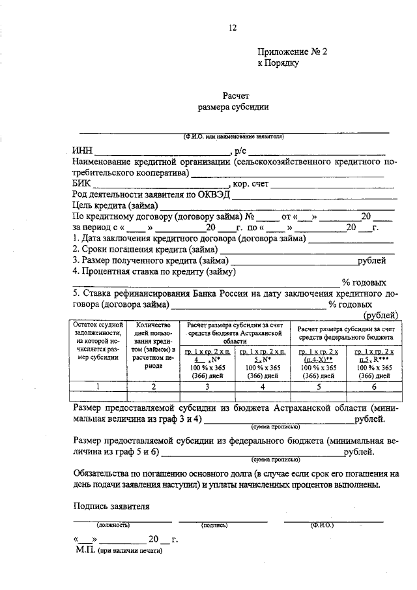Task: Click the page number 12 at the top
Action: [232, 27]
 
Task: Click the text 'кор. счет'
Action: [251, 184]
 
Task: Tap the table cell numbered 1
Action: [98, 387]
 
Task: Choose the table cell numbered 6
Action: [373, 387]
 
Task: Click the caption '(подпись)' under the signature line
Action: [214, 524]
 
